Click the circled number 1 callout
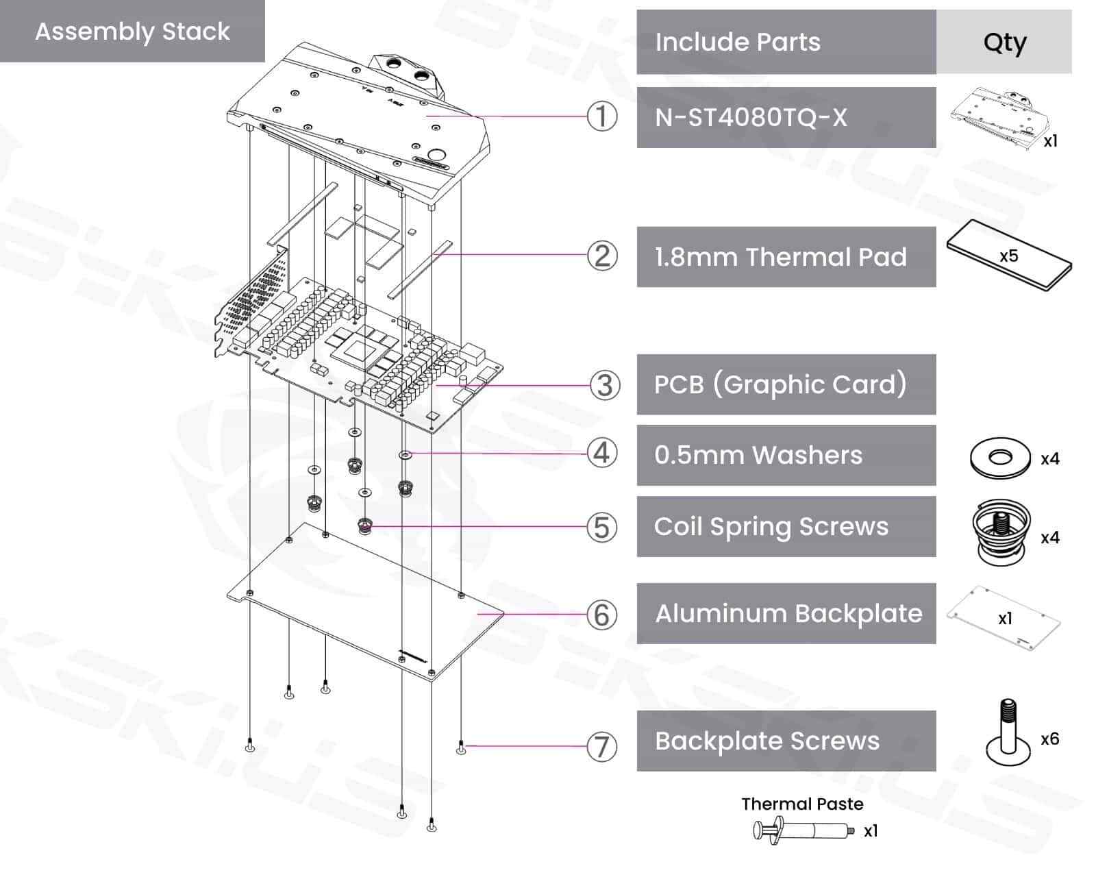[602, 116]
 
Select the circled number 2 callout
[602, 256]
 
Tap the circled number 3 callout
[605, 385]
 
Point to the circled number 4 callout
[602, 453]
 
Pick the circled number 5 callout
[602, 527]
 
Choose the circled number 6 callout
[602, 615]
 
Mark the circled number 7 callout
[602, 747]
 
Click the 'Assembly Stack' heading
[132, 32]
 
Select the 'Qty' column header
[1004, 42]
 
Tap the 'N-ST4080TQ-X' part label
[751, 118]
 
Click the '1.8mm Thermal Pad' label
[781, 257]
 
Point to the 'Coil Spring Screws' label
[771, 527]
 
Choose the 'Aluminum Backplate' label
[788, 613]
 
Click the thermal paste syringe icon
[804, 830]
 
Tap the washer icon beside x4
[1000, 458]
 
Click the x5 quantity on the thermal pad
[1008, 256]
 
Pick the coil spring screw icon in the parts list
[1001, 532]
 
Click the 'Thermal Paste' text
[802, 804]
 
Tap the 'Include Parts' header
[738, 42]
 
